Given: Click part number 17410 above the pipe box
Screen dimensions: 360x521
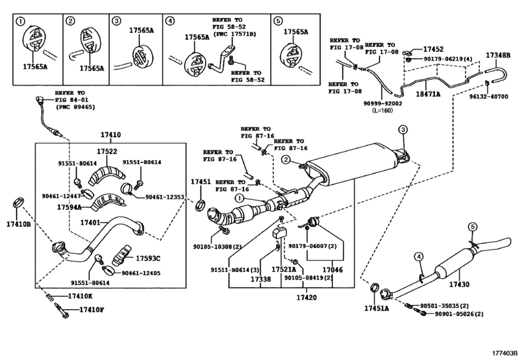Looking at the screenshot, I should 110,136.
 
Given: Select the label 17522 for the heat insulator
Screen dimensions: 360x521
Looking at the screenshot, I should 107,151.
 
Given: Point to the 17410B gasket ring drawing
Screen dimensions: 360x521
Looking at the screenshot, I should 19,205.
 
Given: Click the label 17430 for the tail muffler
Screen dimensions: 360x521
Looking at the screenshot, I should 461,283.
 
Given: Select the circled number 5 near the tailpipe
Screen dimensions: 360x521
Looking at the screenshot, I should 472,226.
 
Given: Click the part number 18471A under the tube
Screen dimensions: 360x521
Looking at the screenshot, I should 427,94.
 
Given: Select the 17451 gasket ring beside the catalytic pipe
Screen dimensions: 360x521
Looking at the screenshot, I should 200,205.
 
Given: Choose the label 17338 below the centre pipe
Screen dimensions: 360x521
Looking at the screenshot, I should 260,280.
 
